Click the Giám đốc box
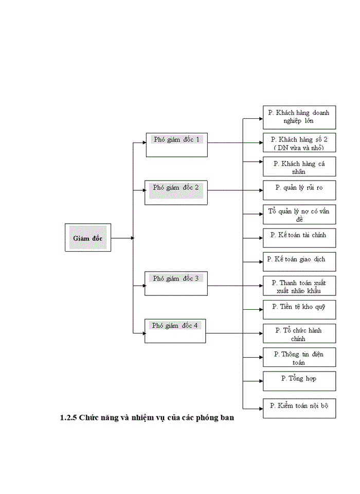[x=88, y=238]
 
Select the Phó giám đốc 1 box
[x=176, y=145]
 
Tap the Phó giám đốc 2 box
[x=176, y=192]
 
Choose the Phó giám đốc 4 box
[x=175, y=331]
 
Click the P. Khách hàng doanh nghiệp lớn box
[x=299, y=117]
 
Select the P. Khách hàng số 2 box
[x=299, y=143]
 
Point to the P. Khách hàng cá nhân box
[x=299, y=167]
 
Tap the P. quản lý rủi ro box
[x=299, y=190]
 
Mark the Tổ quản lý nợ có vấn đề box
[x=299, y=214]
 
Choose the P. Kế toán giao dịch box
[x=299, y=261]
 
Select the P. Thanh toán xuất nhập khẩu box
[x=299, y=286]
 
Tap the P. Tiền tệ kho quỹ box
[x=299, y=309]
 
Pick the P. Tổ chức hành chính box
[x=299, y=333]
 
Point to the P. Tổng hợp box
[x=299, y=381]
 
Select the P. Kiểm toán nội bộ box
[x=299, y=408]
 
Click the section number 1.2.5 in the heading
[x=68, y=418]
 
